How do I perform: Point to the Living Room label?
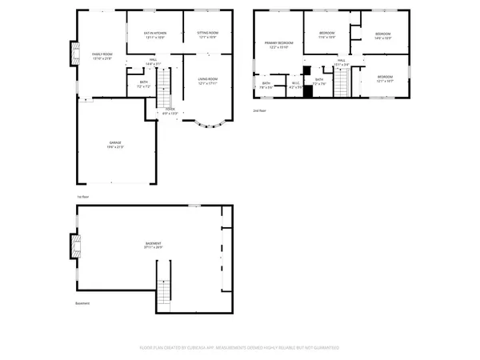coord(208,80)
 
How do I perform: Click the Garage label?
coord(116,144)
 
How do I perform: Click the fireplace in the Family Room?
coord(74,54)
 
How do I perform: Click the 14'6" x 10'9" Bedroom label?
coord(382,34)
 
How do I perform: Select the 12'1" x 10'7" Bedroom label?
coord(385,78)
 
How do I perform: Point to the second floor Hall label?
coord(341,62)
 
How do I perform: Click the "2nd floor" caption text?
coord(261,110)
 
